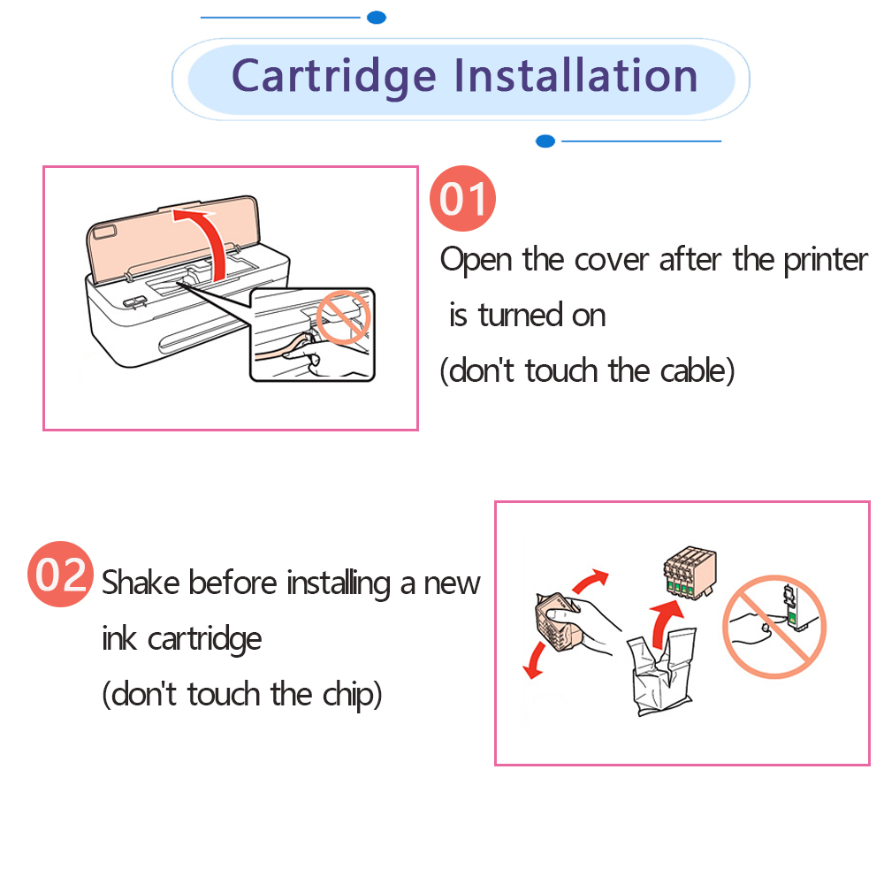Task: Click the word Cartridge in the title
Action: pos(334,77)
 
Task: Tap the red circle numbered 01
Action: pos(462,198)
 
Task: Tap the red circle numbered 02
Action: pos(60,574)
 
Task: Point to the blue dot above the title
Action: pos(376,18)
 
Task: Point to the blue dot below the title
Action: pos(545,141)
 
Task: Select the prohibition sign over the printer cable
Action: pos(343,317)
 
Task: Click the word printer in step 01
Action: pos(826,261)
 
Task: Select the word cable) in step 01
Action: pos(697,371)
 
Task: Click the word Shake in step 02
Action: pos(141,583)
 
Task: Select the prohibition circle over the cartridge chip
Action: pos(774,627)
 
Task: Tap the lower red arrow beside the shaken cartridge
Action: pos(535,660)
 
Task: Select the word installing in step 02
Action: pos(339,583)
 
